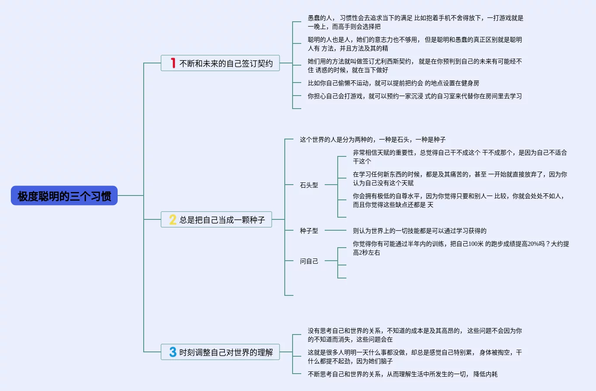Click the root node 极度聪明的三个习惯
point(64,196)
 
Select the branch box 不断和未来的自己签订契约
point(220,63)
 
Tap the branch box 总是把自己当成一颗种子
point(216,220)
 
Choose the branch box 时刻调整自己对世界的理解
point(220,352)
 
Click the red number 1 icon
point(173,63)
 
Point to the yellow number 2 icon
point(172,220)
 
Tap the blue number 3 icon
point(173,352)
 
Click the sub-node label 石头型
point(309,185)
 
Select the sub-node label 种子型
point(309,231)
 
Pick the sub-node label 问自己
point(309,261)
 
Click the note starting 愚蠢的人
point(415,22)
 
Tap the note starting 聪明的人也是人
point(415,44)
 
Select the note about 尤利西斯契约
point(415,66)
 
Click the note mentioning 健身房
point(393,83)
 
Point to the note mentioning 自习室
point(415,96)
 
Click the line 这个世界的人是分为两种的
point(372,139)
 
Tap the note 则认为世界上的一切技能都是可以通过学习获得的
point(419,231)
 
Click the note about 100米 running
point(461,248)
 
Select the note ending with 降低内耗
point(402,374)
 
